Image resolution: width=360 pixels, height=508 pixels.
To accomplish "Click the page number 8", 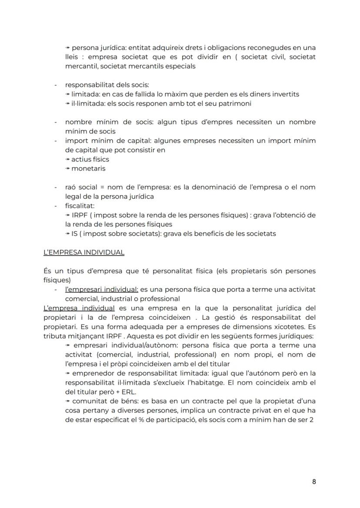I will (x=314, y=481).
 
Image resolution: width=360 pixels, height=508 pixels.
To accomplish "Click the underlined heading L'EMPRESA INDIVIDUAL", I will (x=84, y=252).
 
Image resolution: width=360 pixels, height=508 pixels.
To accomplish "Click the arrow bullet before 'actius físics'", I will (x=67, y=159).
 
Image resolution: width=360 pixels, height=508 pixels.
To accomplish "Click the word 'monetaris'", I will (x=88, y=169).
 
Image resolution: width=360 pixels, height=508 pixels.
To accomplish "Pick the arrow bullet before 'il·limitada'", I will (x=67, y=103).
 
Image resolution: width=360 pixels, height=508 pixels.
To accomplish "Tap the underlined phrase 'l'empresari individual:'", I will (x=102, y=289).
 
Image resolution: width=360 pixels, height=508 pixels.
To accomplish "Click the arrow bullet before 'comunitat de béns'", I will (x=67, y=401).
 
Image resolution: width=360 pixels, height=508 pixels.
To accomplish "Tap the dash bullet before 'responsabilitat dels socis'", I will (x=56, y=85).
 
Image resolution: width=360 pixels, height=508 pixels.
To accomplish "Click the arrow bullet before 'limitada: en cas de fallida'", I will (x=67, y=94).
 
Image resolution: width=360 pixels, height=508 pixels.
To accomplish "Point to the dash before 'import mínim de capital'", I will (x=56, y=141).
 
